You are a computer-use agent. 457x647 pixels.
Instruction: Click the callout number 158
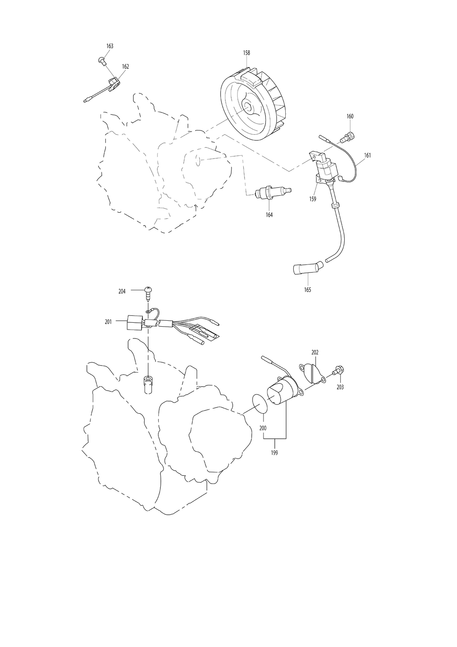[x=246, y=53]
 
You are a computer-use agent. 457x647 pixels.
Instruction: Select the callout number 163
[x=110, y=46]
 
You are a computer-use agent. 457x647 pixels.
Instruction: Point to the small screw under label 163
[x=101, y=61]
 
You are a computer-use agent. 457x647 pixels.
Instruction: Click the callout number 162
[x=125, y=66]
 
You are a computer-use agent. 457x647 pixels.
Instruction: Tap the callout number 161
[x=367, y=155]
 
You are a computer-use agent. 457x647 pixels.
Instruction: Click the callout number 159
[x=312, y=199]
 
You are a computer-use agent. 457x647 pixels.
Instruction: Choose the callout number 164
[x=269, y=215]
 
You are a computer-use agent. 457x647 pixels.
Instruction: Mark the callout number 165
[x=308, y=290]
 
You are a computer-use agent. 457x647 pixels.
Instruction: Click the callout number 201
[x=108, y=322]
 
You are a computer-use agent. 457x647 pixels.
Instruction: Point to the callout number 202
[x=315, y=352]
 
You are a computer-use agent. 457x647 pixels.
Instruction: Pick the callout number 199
[x=274, y=453]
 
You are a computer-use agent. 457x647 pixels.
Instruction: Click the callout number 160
[x=350, y=116]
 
